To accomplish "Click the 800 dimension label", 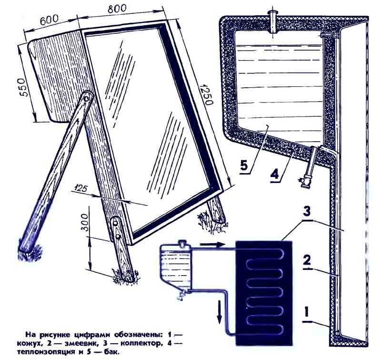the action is [x=117, y=10].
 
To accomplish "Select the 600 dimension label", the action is [x=50, y=20].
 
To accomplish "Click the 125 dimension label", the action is [x=80, y=188].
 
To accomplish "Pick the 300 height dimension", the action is [x=85, y=223].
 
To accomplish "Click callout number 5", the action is [x=244, y=166].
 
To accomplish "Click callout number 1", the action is [x=307, y=312].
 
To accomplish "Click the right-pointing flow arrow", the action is [x=212, y=245].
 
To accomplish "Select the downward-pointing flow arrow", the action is [x=220, y=312].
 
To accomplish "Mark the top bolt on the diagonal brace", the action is [x=86, y=99].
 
